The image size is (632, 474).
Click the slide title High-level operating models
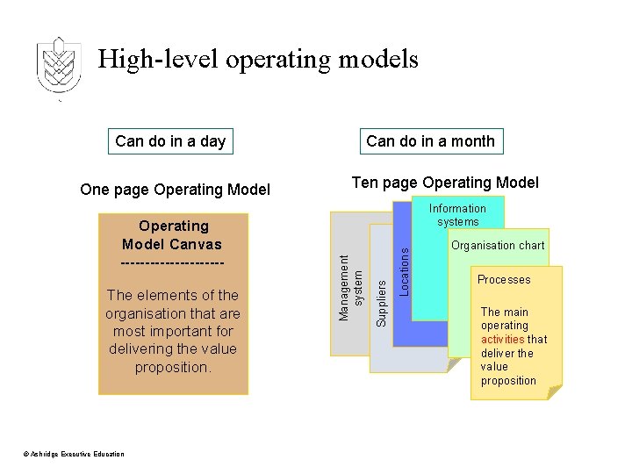[258, 60]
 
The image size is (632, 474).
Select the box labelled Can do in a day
[170, 141]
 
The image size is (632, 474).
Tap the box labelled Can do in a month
[430, 141]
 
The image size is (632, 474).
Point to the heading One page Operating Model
[175, 190]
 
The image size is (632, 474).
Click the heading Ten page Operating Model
[445, 183]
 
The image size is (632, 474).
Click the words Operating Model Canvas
[172, 235]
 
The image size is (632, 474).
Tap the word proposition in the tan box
[173, 367]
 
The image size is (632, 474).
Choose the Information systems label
[457, 215]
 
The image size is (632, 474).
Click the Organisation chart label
[498, 246]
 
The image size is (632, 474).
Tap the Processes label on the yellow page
[504, 280]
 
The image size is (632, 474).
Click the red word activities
[503, 339]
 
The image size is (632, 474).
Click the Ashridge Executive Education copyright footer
[74, 454]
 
